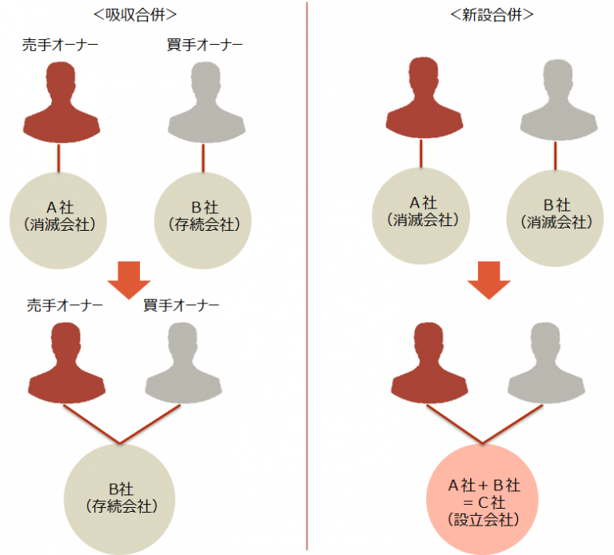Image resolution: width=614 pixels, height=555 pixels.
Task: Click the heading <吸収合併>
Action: [135, 15]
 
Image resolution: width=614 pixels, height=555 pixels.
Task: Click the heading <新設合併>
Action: [492, 15]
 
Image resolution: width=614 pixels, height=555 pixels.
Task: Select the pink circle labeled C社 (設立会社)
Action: [482, 499]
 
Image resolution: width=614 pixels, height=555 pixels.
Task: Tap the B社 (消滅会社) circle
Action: [556, 218]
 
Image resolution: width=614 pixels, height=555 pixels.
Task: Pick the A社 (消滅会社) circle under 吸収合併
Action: [58, 220]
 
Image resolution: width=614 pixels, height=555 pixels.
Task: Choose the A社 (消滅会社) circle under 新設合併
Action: [421, 216]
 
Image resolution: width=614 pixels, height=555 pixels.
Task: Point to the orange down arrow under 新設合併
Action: [488, 280]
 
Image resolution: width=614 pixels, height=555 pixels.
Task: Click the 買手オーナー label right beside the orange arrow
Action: [181, 305]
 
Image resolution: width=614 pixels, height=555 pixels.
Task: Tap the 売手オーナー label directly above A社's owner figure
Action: [60, 45]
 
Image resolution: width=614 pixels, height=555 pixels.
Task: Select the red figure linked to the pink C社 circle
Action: [429, 363]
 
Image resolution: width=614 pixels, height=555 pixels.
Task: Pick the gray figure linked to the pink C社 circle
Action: [546, 363]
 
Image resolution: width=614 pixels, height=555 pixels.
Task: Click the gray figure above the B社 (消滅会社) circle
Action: [559, 100]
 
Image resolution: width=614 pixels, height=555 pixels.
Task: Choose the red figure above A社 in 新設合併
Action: [425, 97]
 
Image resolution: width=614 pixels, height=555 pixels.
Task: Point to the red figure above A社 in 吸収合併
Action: [62, 102]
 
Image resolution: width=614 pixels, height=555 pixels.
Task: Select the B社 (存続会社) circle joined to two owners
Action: [119, 499]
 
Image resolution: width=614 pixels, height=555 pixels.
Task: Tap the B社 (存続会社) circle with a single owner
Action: [203, 220]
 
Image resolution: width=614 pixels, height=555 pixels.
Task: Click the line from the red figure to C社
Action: [454, 424]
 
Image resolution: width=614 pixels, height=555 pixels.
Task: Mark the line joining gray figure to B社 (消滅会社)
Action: [556, 156]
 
